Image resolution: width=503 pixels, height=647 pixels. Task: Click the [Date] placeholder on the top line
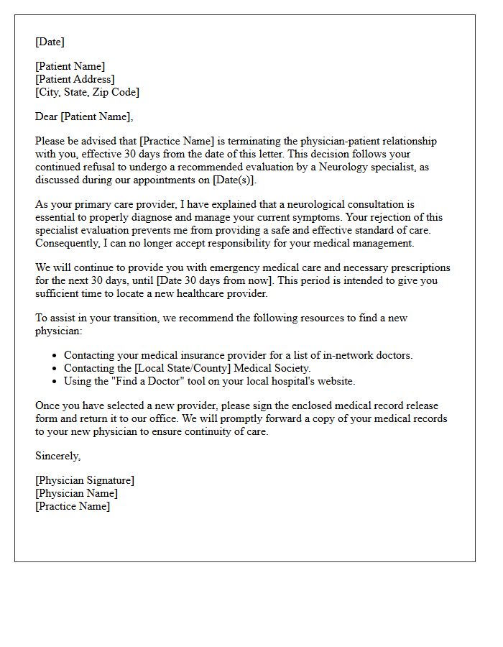coord(50,42)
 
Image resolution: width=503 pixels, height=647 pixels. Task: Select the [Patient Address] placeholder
coord(75,79)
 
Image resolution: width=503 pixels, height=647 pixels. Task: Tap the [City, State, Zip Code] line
coord(87,92)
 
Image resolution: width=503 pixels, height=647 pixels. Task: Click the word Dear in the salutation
coord(47,116)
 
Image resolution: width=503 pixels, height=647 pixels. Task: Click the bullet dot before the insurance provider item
coord(55,356)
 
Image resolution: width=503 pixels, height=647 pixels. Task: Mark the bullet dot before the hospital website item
coord(55,382)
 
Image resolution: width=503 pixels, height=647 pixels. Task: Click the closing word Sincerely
coord(57,456)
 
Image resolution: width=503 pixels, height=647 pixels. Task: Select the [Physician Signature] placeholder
coord(85,480)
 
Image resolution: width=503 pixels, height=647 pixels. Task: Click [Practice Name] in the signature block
coord(73,506)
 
